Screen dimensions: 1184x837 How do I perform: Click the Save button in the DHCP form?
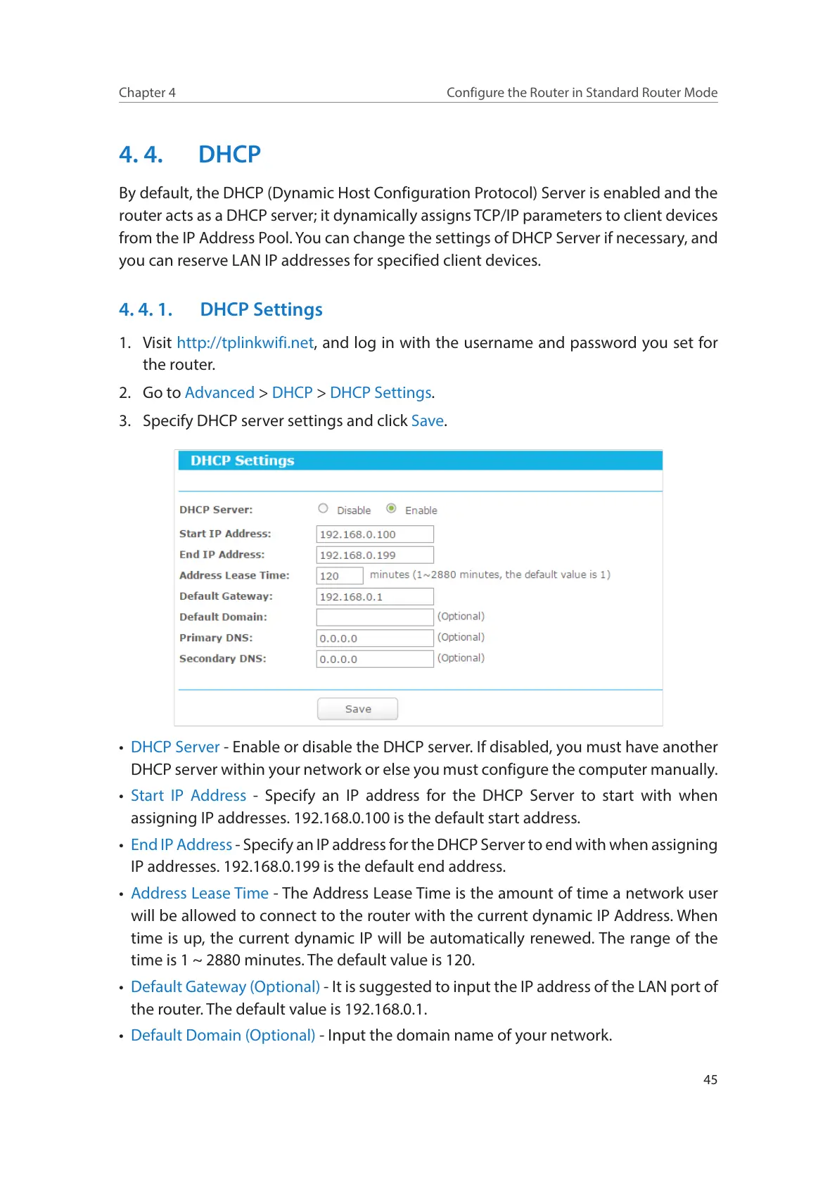pos(357,709)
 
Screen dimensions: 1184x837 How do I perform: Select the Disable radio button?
pos(323,508)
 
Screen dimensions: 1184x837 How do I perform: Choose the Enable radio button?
pos(391,508)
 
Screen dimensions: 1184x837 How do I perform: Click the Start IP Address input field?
pos(375,534)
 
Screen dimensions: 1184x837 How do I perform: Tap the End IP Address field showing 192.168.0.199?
pos(375,555)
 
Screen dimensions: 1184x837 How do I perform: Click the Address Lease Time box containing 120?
pos(340,576)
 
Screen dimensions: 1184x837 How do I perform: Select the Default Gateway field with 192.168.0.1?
pos(375,597)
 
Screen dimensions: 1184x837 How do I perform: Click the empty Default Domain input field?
pos(375,617)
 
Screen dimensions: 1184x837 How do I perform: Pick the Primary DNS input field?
pos(375,638)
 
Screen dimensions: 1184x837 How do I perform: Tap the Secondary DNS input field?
pos(375,659)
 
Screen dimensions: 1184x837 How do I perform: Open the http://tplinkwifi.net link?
pos(245,342)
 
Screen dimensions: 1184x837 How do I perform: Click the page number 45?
pos(710,1080)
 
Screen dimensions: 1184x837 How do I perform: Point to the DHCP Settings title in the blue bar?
pos(243,461)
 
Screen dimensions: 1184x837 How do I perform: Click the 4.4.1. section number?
pos(146,309)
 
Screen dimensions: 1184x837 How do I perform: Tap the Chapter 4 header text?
pos(147,93)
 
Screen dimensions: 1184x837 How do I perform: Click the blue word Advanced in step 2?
pos(219,392)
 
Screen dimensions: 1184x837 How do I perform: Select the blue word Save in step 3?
pos(428,420)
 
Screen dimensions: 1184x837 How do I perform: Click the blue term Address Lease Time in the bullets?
pos(200,893)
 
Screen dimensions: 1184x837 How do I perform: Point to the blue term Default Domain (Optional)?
pos(223,1035)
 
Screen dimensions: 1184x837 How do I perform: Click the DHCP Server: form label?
pos(216,510)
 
